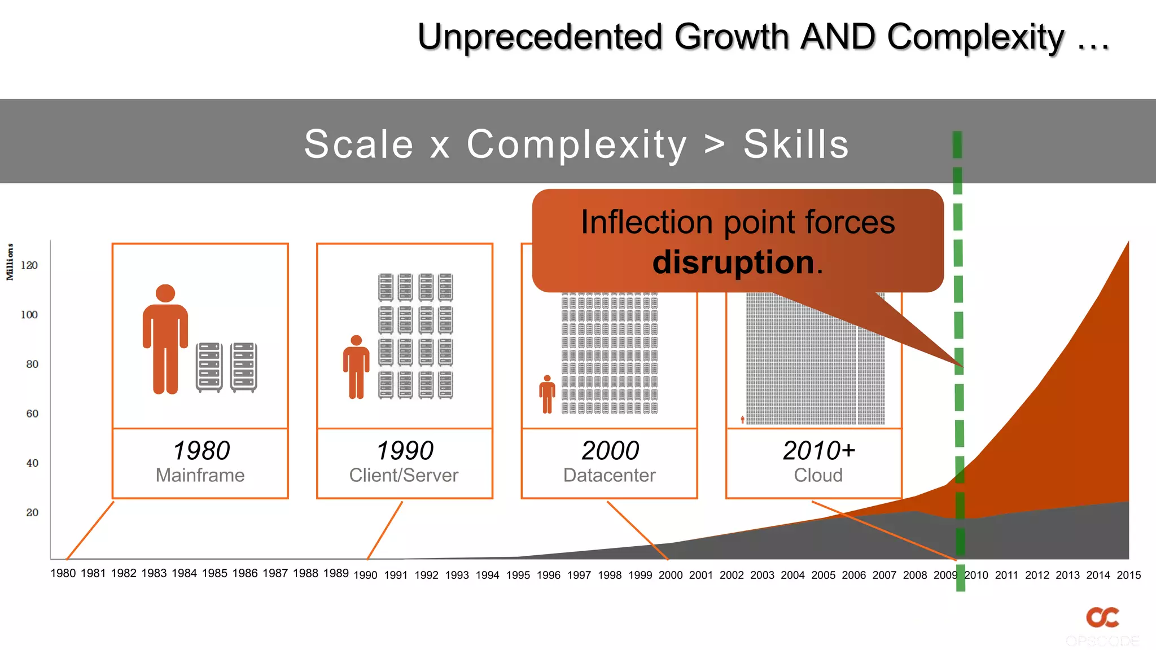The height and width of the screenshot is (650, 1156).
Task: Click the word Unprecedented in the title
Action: [x=539, y=37]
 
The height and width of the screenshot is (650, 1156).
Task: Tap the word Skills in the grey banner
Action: [x=796, y=144]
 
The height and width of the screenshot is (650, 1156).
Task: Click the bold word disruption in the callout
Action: [x=733, y=262]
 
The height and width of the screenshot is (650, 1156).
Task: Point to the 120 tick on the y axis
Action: [x=29, y=265]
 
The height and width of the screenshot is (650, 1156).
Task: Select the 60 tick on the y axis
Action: [x=32, y=414]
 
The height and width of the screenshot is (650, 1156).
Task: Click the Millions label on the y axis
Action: [x=10, y=262]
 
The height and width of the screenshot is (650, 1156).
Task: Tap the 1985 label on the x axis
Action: [x=214, y=573]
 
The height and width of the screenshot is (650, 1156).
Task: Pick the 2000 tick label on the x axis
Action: [x=671, y=575]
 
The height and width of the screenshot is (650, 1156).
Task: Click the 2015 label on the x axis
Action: [x=1128, y=575]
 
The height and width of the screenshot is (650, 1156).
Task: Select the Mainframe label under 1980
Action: [x=200, y=475]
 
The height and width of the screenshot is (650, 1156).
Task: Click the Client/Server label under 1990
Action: [x=404, y=475]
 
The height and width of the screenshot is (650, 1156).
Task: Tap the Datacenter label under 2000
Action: [x=609, y=475]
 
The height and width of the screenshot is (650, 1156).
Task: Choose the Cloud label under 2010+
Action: [x=818, y=475]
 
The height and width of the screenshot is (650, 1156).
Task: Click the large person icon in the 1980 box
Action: [x=165, y=339]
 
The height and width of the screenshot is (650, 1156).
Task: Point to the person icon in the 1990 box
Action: [x=356, y=367]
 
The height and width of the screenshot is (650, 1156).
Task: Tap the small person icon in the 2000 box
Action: [x=547, y=394]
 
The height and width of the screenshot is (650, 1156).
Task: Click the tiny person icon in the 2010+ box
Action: [x=742, y=420]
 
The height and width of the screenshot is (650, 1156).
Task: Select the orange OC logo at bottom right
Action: [x=1102, y=617]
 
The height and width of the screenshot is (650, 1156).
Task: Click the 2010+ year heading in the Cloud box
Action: [x=818, y=450]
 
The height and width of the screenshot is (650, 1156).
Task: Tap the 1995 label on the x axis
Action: [x=518, y=575]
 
